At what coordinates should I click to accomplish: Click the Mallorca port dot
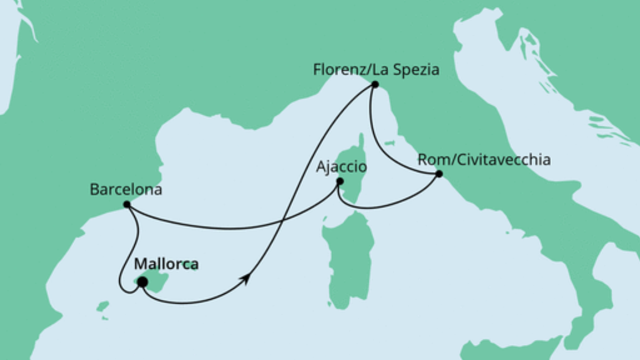[x=142, y=282]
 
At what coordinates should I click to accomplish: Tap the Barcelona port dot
[x=127, y=205]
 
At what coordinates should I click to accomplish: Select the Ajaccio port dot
[x=339, y=181]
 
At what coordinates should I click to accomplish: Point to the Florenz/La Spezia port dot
[x=375, y=85]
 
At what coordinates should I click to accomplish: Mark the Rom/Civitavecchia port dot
[x=438, y=174]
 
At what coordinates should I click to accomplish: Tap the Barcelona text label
[x=126, y=190]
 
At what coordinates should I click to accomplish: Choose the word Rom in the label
[x=431, y=160]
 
